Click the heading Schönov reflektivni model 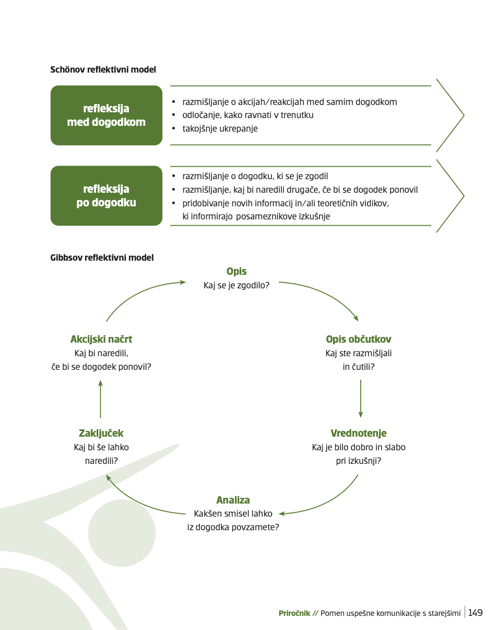103,69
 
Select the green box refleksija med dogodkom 106,115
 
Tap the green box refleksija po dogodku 106,195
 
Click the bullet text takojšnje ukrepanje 220,129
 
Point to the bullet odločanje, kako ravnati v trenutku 248,115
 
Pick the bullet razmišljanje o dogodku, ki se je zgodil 255,176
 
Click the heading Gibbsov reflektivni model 102,258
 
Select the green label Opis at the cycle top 236,271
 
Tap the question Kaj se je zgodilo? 236,285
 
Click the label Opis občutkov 358,339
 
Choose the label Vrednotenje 358,433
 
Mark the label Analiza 233,500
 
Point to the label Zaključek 101,433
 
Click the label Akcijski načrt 101,339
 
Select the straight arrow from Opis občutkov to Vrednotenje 361,399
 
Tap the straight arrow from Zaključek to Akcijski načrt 100,399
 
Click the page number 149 476,613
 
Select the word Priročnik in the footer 294,613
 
